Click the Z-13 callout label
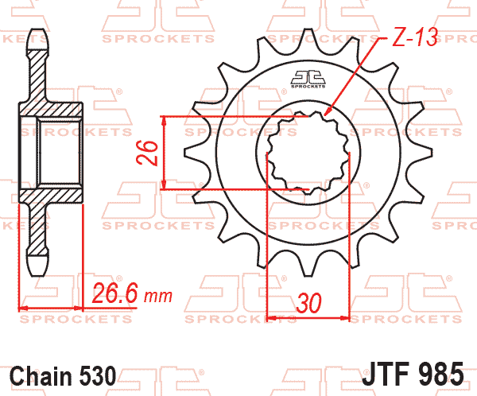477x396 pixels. coord(415,37)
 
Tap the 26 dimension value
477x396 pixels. coord(148,153)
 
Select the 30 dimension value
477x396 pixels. coord(308,303)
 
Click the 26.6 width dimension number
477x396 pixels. coord(115,293)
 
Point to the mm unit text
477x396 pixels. coord(158,296)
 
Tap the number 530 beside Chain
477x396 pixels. coord(98,375)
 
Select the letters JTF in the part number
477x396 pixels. coord(386,373)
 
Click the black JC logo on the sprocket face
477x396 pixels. coord(308,80)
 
